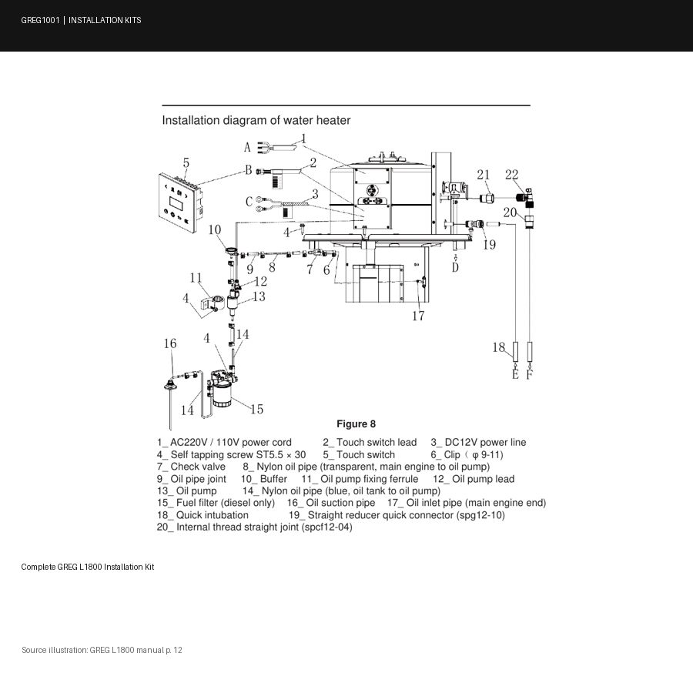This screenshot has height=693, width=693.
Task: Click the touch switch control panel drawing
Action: coord(180,203)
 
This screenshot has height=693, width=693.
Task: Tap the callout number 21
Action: coord(483,175)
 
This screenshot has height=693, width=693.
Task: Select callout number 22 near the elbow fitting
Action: coord(511,175)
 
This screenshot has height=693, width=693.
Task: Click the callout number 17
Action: coord(418,316)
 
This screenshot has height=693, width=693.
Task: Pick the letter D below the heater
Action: coord(455,267)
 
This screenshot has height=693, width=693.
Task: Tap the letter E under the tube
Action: coord(515,374)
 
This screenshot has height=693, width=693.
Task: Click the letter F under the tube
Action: coord(530,374)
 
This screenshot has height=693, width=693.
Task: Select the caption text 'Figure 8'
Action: coord(356,424)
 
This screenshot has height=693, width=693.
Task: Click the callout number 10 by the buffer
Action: coord(214,229)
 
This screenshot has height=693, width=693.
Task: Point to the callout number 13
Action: coord(259,296)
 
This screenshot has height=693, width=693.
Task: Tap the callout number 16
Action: coord(170,343)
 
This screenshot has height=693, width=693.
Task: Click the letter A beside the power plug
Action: coord(247,147)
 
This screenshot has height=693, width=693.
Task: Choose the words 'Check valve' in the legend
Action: coord(198,467)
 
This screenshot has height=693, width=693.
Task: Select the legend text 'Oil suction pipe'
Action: coord(340,503)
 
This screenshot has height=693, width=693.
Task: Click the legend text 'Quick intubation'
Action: coord(213,515)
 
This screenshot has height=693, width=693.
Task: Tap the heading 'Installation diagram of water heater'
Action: coord(256,120)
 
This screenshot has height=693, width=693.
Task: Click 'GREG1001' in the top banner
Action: coord(40,20)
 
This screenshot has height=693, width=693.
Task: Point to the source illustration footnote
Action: coord(102,650)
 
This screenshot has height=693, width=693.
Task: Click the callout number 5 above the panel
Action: coord(186,163)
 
